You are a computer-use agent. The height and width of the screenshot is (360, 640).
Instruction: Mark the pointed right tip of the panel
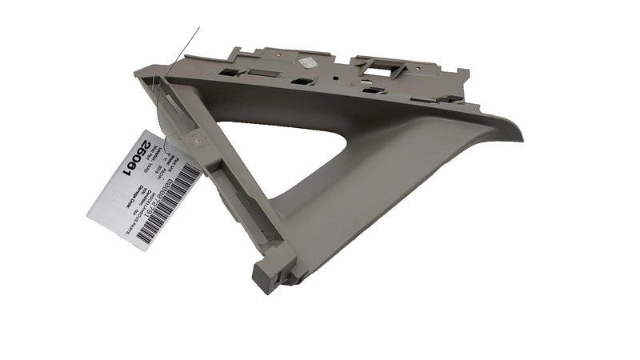click(520, 128)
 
